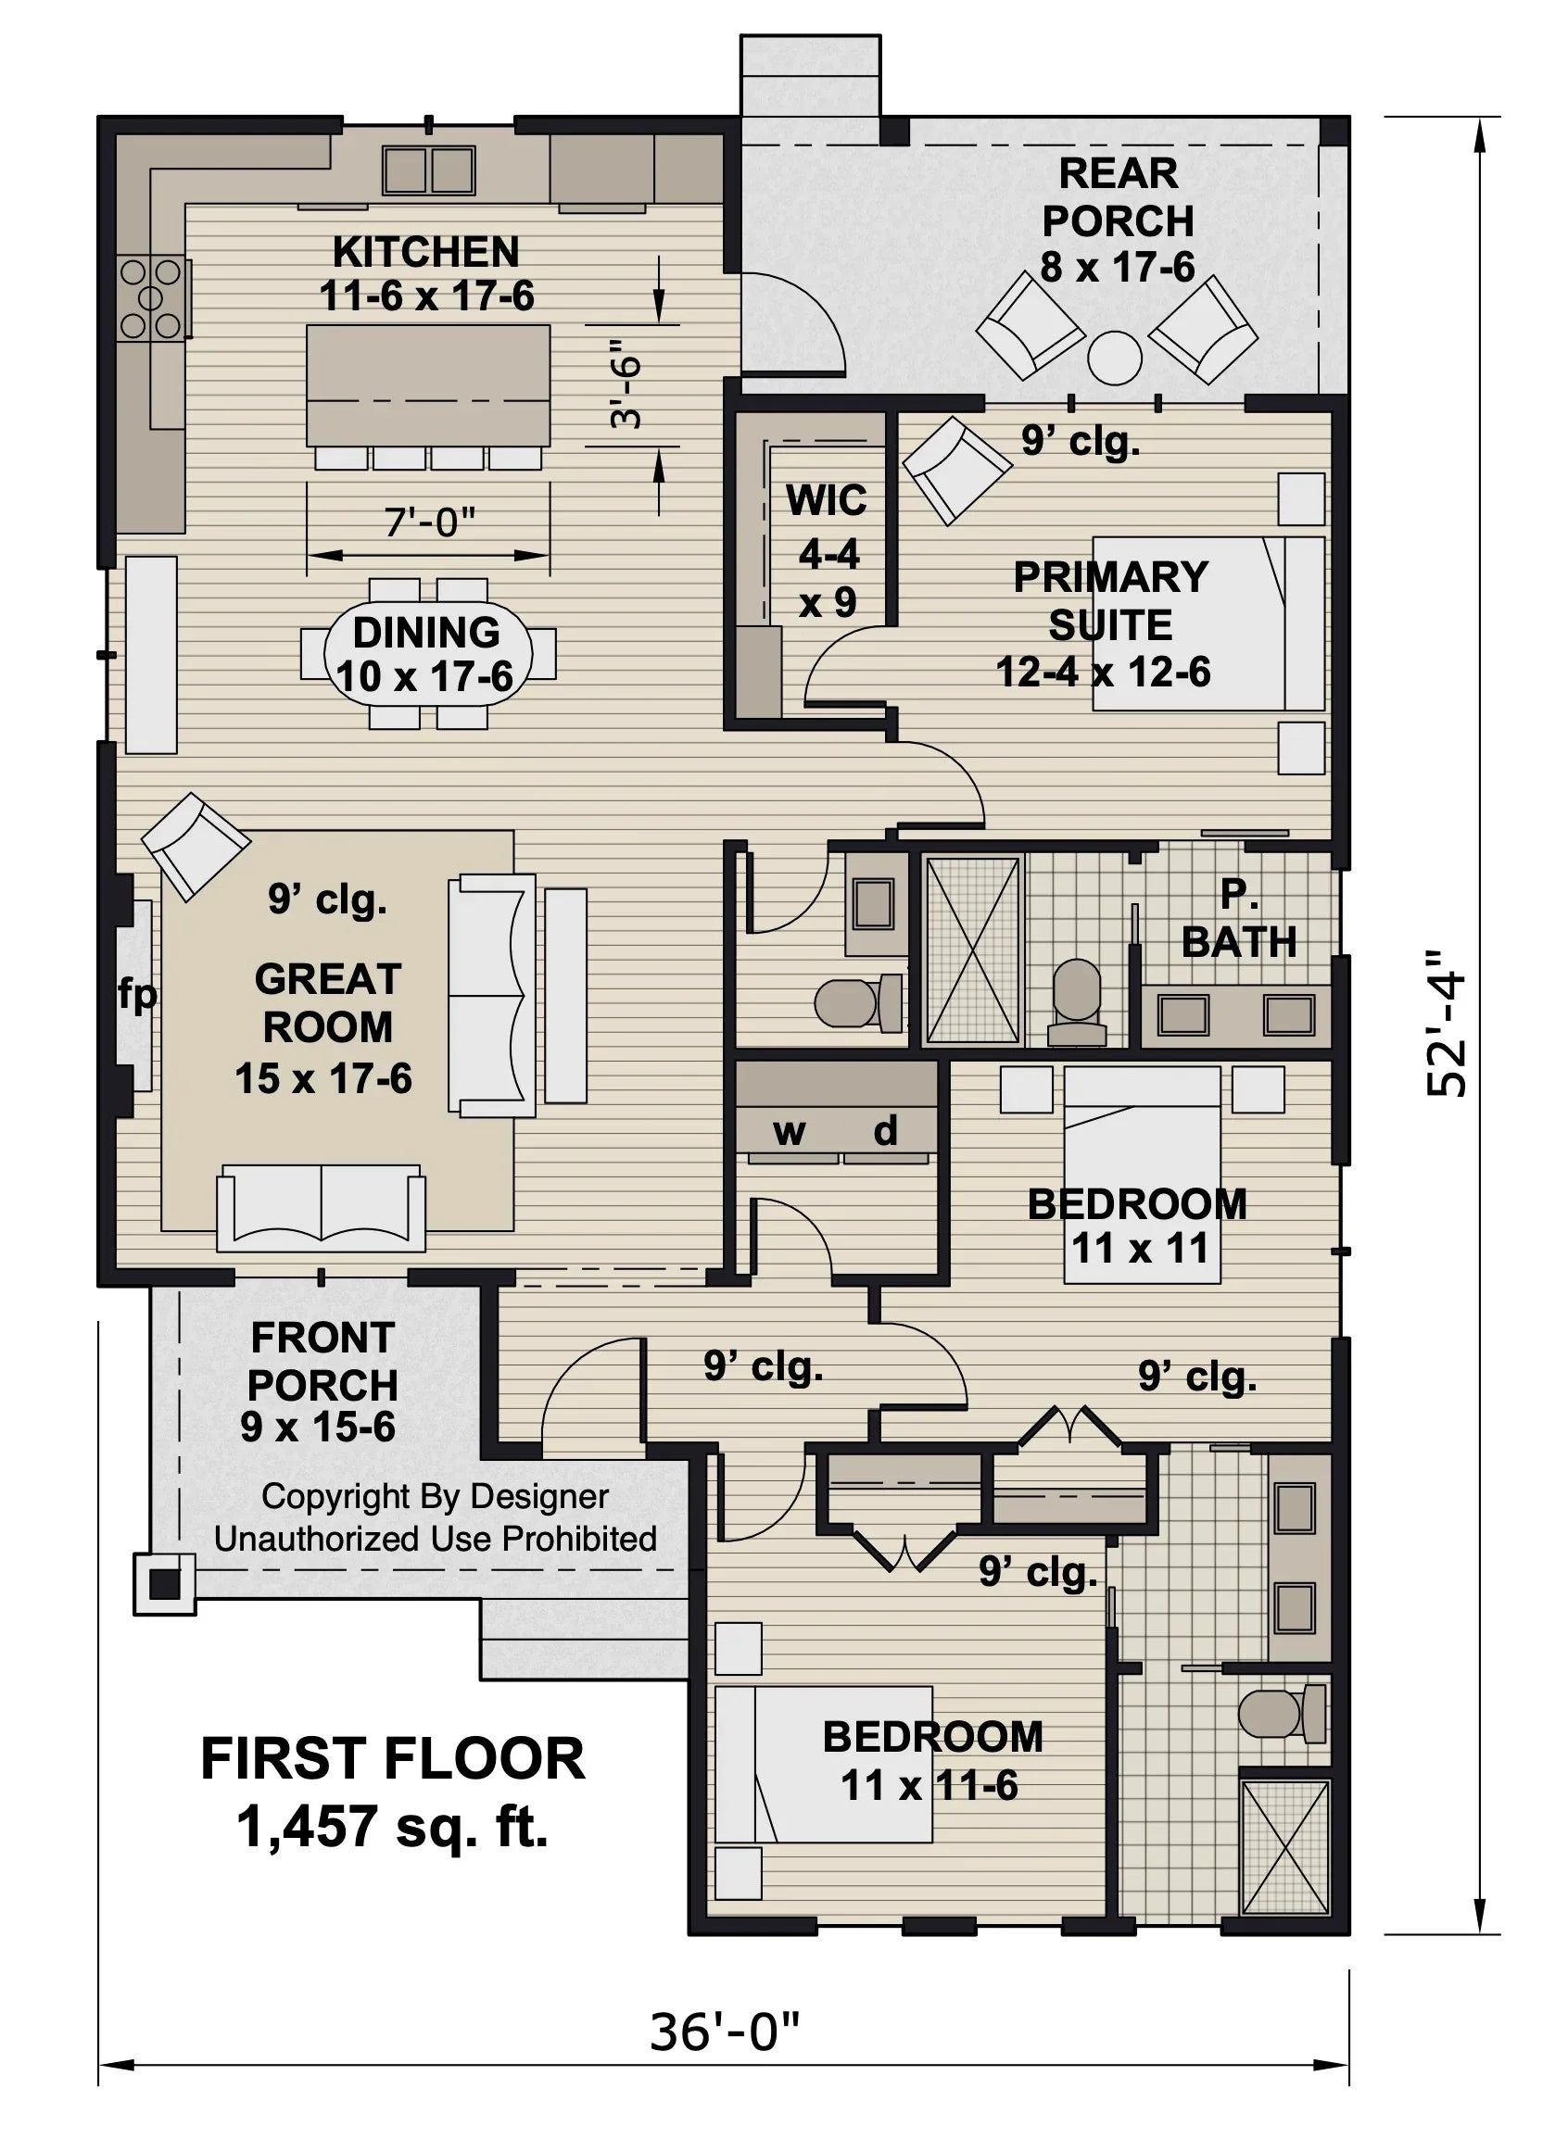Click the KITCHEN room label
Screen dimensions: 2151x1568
tap(425, 252)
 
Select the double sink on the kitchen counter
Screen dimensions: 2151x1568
tap(429, 170)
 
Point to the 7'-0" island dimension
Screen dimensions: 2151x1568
tap(429, 521)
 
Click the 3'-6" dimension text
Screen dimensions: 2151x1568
tap(627, 384)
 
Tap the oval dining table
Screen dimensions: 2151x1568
tap(427, 654)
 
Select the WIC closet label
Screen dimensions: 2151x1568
tap(827, 500)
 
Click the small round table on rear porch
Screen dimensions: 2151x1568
tap(1114, 358)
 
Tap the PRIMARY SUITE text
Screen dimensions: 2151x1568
tap(1110, 600)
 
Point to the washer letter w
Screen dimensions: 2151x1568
tap(789, 1131)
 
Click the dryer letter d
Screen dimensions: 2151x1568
tap(885, 1130)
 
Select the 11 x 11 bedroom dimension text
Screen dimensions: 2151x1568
tap(1140, 1249)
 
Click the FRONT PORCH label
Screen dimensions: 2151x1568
tap(322, 1362)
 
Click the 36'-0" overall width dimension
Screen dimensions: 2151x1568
tap(724, 2033)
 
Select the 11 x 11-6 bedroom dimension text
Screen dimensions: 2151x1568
tap(929, 1786)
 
